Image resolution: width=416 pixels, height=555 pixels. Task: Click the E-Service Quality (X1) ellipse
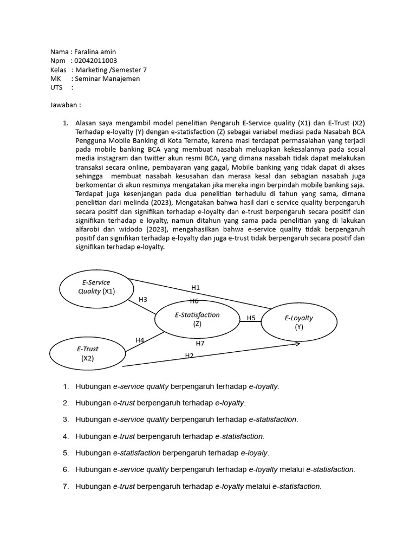[x=96, y=287]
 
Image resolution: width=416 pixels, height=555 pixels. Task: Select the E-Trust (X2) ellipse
[x=87, y=353]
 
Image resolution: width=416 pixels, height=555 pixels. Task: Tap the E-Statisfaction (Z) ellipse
[x=197, y=319]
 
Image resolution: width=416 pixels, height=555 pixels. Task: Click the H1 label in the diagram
[x=196, y=288]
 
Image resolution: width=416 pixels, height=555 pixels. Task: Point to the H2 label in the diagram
[x=189, y=356]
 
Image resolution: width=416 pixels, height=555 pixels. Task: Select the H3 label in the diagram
[x=143, y=299]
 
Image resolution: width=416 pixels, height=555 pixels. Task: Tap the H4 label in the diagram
[x=140, y=340]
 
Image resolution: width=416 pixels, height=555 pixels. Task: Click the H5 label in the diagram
[x=251, y=318]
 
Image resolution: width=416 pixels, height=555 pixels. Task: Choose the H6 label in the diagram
[x=194, y=301]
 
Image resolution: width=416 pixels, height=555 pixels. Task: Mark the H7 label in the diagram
[x=200, y=343]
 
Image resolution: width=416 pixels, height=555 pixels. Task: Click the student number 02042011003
[x=95, y=61]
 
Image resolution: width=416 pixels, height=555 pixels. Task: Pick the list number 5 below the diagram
[x=66, y=452]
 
